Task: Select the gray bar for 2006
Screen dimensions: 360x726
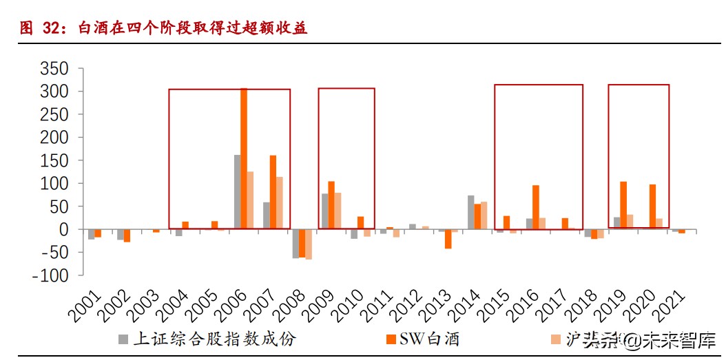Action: point(237,192)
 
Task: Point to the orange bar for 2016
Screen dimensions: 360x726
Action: point(535,207)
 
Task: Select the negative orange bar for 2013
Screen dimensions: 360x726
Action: point(448,239)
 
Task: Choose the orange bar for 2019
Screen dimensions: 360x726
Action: point(623,205)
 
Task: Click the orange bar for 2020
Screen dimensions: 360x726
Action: point(652,207)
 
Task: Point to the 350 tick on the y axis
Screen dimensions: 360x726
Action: point(54,69)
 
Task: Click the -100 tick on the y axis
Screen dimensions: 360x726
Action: point(51,275)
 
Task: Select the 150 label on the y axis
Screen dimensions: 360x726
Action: point(54,160)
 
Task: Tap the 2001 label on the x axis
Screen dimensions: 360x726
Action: point(84,304)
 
